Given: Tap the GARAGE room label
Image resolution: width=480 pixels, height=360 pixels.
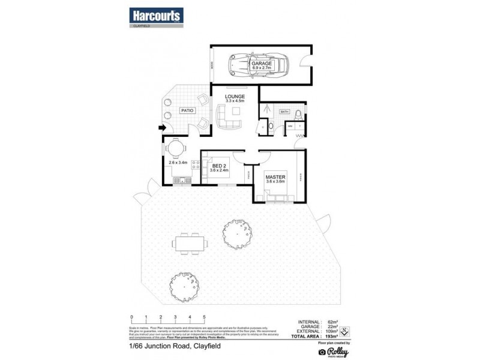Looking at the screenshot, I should [262, 62].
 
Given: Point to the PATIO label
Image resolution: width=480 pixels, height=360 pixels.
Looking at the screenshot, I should [187, 111].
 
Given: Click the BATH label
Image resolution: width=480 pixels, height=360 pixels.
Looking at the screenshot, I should [284, 111].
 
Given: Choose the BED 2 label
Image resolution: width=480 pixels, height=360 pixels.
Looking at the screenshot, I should [219, 165].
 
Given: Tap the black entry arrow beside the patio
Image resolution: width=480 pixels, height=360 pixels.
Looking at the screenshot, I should [161, 127].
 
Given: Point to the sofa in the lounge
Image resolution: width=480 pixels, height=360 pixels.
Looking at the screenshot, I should [229, 116].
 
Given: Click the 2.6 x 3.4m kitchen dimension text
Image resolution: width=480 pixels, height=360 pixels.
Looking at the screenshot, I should [178, 162].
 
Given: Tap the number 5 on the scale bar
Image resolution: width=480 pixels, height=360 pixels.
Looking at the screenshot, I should [205, 316].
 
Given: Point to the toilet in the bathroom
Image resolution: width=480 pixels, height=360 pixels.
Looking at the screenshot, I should [271, 126].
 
